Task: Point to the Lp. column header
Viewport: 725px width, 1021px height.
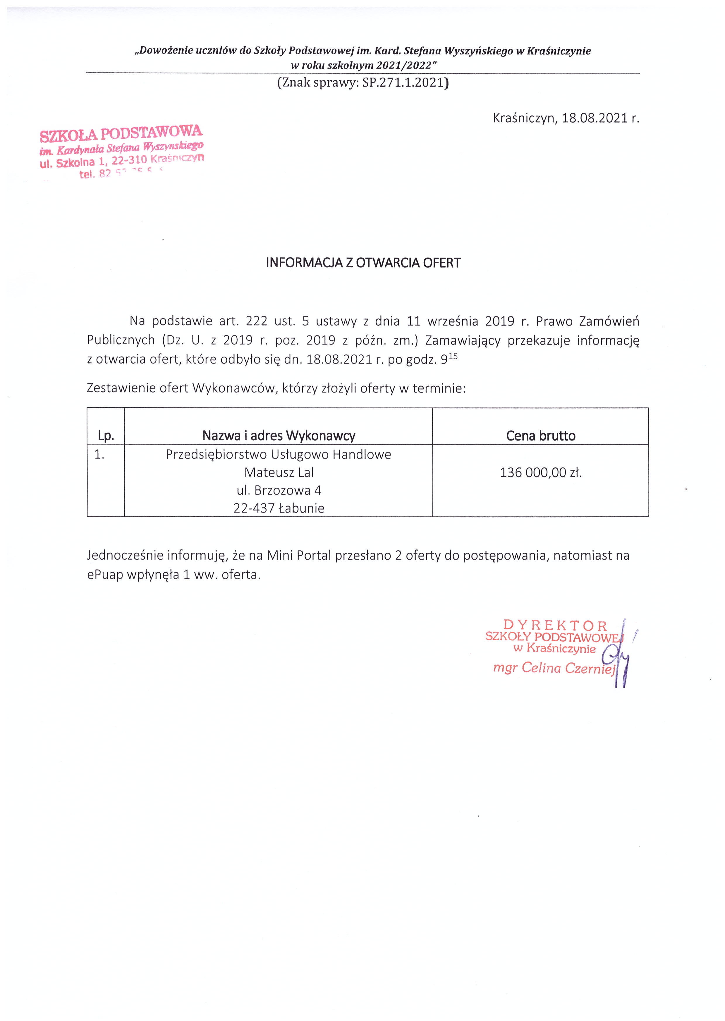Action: [x=106, y=436]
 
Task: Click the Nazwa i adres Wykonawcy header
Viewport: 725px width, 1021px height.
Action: [x=279, y=436]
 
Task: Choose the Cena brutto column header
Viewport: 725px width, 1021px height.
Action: [x=541, y=436]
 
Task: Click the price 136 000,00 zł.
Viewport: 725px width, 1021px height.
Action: [x=541, y=472]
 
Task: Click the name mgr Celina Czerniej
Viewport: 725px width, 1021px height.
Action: [x=554, y=668]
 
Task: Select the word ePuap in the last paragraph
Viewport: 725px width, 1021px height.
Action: [x=105, y=575]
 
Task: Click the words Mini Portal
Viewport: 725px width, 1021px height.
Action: [x=299, y=556]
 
